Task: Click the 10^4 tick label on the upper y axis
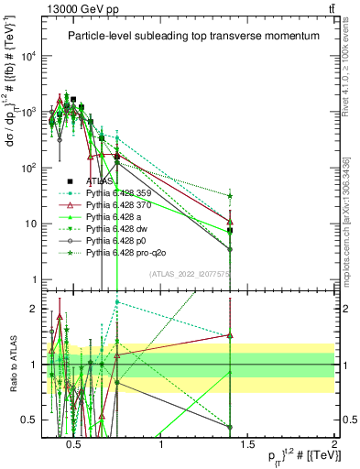point(27,56)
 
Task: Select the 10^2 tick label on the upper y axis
point(27,168)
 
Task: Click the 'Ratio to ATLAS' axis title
point(13,364)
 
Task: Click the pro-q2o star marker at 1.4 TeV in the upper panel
point(230,196)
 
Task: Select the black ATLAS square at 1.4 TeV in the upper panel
point(230,231)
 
